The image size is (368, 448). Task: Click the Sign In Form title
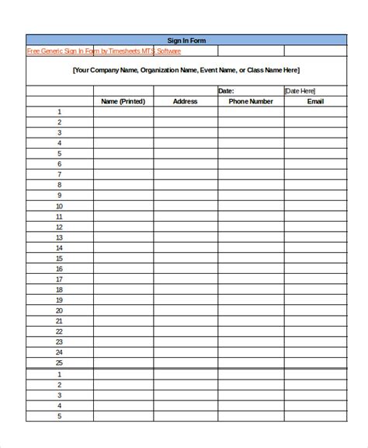(186, 40)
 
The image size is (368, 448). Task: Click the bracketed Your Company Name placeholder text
(186, 70)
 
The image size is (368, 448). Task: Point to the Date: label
(226, 91)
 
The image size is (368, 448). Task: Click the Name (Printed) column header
(123, 101)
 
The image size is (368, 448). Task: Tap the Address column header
(186, 101)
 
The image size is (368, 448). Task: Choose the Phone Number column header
(251, 101)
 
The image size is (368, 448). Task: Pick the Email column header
(315, 101)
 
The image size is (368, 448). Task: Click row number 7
(59, 175)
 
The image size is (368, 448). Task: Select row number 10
(59, 206)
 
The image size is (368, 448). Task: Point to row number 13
(59, 237)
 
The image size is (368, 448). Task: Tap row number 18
(59, 289)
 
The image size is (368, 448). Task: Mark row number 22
(59, 331)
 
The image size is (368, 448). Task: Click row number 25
(59, 362)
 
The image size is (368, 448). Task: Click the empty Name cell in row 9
(123, 196)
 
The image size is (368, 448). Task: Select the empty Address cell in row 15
(186, 258)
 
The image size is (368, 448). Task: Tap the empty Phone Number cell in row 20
(251, 310)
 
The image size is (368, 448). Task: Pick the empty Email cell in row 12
(315, 227)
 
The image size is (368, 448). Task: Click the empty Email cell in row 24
(315, 352)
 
